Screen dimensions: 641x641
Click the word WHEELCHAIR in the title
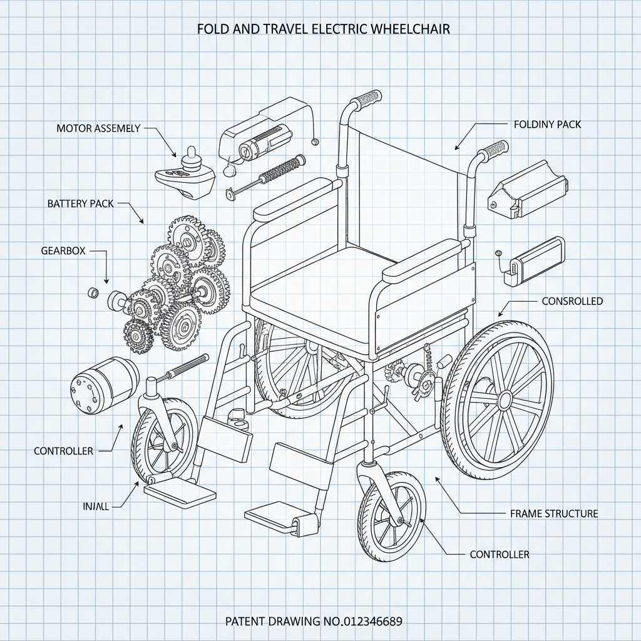pos(411,29)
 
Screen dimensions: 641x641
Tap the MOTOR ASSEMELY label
pos(98,128)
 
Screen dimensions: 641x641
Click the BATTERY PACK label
pos(81,203)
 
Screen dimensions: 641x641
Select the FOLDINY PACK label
pos(547,125)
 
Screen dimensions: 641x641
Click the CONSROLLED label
pos(572,301)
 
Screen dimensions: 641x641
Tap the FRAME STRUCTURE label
pos(554,514)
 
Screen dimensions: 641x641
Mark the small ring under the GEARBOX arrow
pos(93,292)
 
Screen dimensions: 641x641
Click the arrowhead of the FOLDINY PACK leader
pos(456,149)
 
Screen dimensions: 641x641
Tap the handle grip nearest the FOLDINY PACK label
pos(493,151)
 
